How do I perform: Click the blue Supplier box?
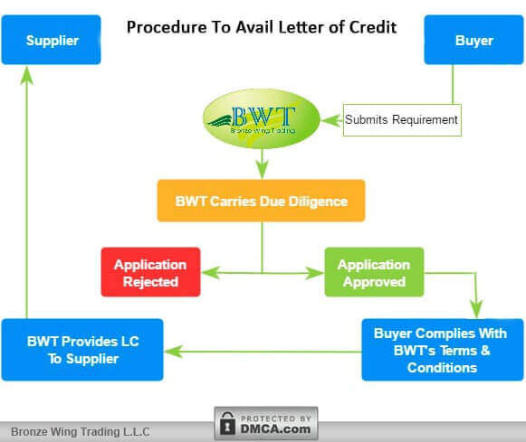click(x=51, y=40)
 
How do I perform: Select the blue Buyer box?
click(x=473, y=40)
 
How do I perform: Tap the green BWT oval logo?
click(x=262, y=118)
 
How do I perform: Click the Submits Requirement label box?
click(x=402, y=118)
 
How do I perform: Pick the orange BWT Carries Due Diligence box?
click(x=261, y=201)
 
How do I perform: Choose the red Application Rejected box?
click(x=150, y=272)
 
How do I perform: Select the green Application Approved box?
click(x=374, y=272)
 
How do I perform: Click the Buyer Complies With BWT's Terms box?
click(x=442, y=350)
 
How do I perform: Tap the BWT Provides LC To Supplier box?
click(x=82, y=350)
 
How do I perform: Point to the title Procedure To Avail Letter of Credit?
click(x=261, y=27)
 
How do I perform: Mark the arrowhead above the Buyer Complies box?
click(x=477, y=309)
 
